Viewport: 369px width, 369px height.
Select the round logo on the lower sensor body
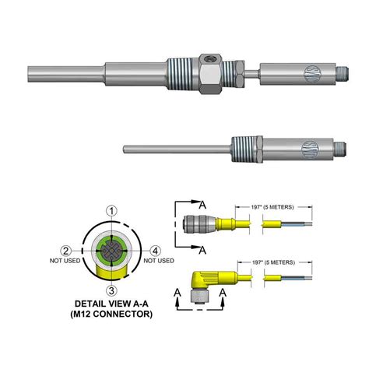(310, 146)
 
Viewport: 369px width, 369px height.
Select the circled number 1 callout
(112, 210)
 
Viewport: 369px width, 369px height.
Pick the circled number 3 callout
(112, 290)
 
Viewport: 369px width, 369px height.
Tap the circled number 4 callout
(156, 250)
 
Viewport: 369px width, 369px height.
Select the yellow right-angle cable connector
(204, 279)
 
